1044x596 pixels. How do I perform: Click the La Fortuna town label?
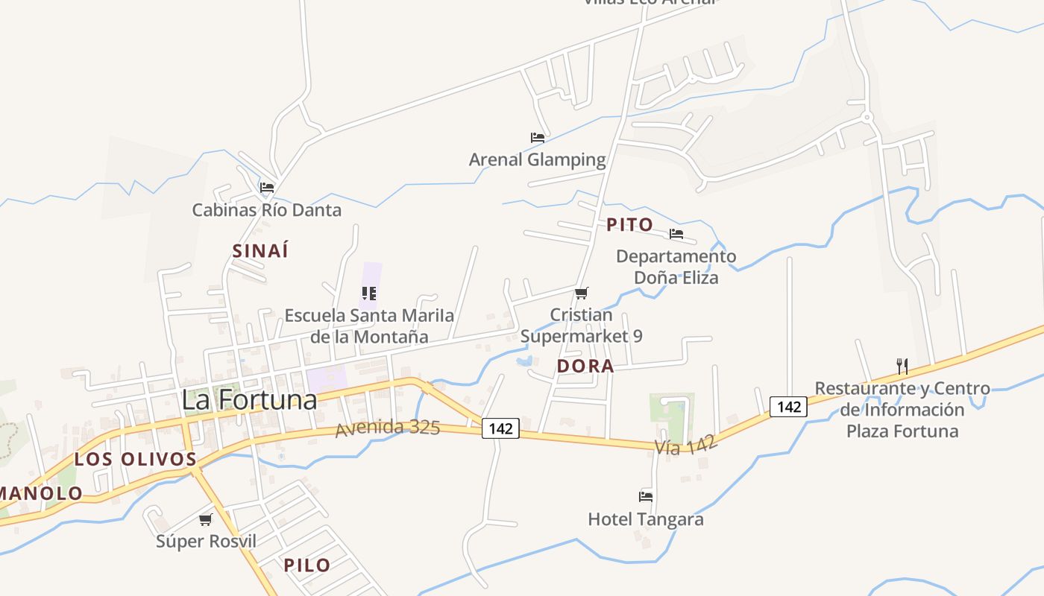pyautogui.click(x=249, y=400)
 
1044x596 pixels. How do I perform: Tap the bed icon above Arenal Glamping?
pyautogui.click(x=537, y=138)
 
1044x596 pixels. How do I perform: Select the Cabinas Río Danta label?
pyautogui.click(x=266, y=210)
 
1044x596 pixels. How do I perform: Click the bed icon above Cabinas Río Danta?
pyautogui.click(x=267, y=188)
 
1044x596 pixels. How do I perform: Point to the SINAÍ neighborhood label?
pyautogui.click(x=260, y=251)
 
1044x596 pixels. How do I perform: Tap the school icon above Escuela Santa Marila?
pyautogui.click(x=369, y=294)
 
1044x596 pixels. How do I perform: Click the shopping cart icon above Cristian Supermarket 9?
pyautogui.click(x=582, y=293)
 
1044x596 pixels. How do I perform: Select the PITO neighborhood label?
pyautogui.click(x=629, y=225)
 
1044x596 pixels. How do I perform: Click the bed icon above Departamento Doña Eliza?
pyautogui.click(x=676, y=234)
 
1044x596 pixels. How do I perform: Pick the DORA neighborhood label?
pyautogui.click(x=585, y=367)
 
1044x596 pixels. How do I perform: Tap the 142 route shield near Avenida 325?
pyautogui.click(x=500, y=428)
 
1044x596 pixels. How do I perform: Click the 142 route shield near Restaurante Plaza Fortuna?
pyautogui.click(x=788, y=407)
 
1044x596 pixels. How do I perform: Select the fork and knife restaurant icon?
pyautogui.click(x=902, y=366)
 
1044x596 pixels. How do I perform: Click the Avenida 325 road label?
pyautogui.click(x=388, y=428)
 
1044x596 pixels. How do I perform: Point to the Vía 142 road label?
pyautogui.click(x=687, y=445)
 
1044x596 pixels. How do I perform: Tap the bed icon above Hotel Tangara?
pyautogui.click(x=646, y=496)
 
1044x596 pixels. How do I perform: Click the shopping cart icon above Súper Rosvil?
pyautogui.click(x=206, y=519)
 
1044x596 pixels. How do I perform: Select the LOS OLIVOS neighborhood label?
pyautogui.click(x=135, y=459)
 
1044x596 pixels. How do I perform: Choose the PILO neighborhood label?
pyautogui.click(x=306, y=565)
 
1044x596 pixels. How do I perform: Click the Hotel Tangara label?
pyautogui.click(x=646, y=519)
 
